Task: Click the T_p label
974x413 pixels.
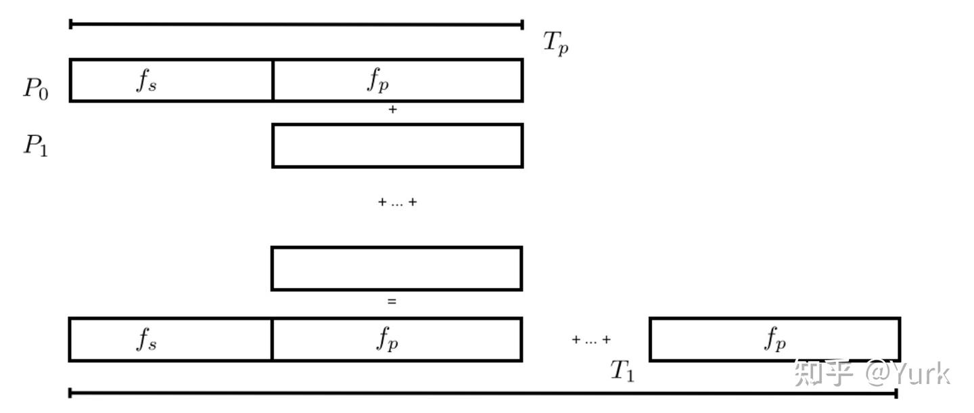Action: (555, 43)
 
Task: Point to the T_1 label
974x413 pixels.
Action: (622, 371)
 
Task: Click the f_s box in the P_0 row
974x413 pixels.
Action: (171, 80)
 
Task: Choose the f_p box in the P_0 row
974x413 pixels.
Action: (397, 80)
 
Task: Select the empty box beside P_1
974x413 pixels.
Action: (397, 145)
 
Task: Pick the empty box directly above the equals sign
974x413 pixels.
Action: (397, 268)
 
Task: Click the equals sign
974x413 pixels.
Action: (392, 302)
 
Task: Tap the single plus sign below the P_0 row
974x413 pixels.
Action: (392, 110)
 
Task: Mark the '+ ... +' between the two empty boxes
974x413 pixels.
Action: (397, 202)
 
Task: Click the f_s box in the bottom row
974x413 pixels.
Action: (170, 339)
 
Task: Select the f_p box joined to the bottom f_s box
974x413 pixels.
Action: (397, 339)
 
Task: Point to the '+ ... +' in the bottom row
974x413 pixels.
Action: (591, 340)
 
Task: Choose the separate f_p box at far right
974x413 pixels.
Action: (774, 339)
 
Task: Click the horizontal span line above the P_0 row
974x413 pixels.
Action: (296, 25)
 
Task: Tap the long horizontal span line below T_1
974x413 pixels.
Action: (483, 393)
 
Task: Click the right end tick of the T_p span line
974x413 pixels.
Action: (522, 25)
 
